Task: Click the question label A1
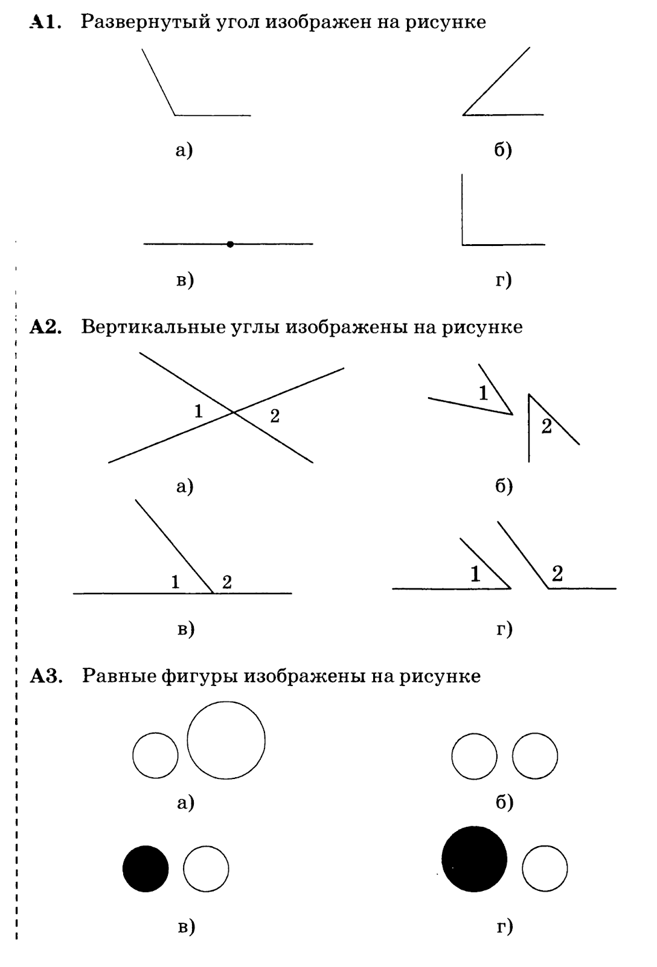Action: (45, 23)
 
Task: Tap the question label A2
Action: (46, 327)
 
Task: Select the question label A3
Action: (46, 676)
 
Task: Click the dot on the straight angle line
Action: (230, 244)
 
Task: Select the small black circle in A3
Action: (146, 868)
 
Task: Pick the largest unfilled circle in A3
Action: (226, 740)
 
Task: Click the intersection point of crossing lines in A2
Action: (234, 412)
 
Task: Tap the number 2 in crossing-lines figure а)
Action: (275, 416)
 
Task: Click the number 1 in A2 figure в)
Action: (175, 582)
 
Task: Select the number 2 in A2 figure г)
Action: (557, 574)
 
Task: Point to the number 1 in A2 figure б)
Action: (483, 394)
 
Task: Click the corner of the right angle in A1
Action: (463, 244)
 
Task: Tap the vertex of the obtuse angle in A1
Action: (175, 114)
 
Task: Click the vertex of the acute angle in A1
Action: (463, 114)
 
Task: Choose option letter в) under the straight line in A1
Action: (185, 280)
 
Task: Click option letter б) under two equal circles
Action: (504, 802)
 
